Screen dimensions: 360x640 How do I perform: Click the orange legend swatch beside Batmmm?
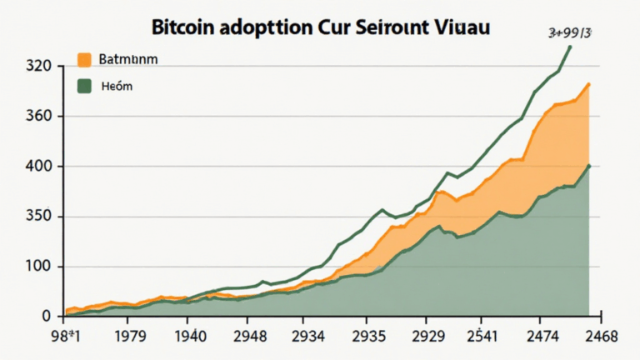[x=83, y=59]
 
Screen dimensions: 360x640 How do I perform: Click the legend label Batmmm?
[x=127, y=60]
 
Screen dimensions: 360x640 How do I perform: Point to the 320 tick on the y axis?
[x=38, y=66]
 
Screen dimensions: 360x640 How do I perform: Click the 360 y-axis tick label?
[x=38, y=116]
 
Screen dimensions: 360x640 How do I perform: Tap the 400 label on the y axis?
[x=38, y=166]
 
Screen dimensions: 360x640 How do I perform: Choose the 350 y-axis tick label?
[x=38, y=217]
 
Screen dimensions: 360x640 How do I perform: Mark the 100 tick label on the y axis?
[x=38, y=267]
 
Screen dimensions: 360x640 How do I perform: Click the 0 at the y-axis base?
[x=47, y=317]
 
